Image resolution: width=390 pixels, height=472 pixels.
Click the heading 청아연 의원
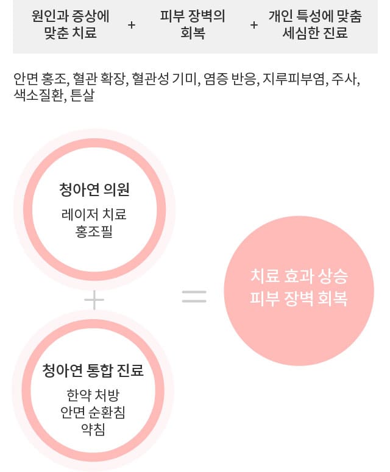coord(94,189)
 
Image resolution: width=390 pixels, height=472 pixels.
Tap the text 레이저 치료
coord(94,214)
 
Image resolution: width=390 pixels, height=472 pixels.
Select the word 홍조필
coord(94,232)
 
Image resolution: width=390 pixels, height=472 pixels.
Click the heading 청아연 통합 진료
coord(93,370)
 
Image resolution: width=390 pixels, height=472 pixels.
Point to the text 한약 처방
coord(93,395)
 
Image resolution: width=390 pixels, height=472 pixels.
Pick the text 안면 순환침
coord(93,412)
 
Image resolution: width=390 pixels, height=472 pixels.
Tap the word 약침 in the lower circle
coord(93,429)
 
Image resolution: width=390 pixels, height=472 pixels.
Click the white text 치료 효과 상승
coord(299,276)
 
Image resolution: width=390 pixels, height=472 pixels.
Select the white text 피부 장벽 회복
coord(299,298)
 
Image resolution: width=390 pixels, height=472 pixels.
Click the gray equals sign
coord(194,296)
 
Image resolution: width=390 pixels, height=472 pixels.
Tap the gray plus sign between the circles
coord(94,300)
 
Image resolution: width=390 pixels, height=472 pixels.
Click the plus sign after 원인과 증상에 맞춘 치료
coord(132,25)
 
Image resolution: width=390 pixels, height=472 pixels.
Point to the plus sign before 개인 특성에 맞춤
coord(254,25)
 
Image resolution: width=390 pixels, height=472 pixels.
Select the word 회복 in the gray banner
coord(193,32)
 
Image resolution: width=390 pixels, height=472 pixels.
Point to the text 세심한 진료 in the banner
coord(315,32)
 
